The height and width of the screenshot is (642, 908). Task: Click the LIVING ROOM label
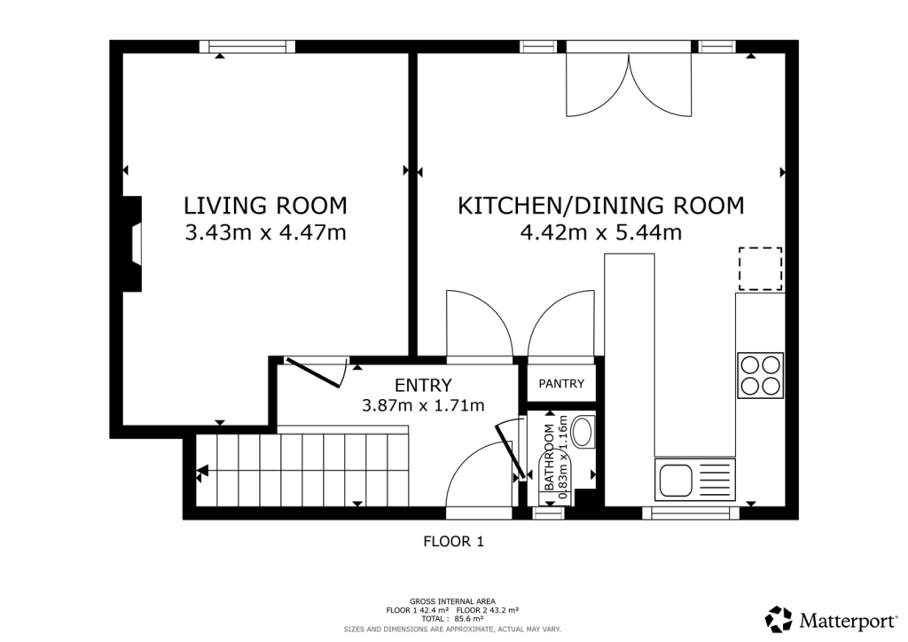coord(265,206)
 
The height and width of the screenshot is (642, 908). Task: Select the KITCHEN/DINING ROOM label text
coord(600,206)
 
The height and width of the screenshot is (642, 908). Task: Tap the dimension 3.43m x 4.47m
coord(265,233)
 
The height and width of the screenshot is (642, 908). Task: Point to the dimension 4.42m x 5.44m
coord(600,233)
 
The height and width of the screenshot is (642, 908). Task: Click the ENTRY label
coord(423,385)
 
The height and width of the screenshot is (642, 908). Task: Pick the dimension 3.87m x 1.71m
coord(423,405)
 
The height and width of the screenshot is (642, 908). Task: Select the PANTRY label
coord(561,384)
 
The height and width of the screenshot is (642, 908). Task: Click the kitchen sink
coord(695,480)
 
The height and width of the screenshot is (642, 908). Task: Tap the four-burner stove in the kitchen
coord(761,375)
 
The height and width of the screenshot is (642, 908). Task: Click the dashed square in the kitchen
coord(761,270)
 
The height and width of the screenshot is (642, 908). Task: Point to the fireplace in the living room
coord(132,244)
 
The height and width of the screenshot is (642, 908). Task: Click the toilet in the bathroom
coord(583,432)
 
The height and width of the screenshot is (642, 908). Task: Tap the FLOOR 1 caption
coord(453,540)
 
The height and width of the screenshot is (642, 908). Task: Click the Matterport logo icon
coord(779,618)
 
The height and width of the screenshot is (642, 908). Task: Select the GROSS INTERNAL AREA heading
coord(453,601)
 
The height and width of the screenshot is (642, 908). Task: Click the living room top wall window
coord(247,47)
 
